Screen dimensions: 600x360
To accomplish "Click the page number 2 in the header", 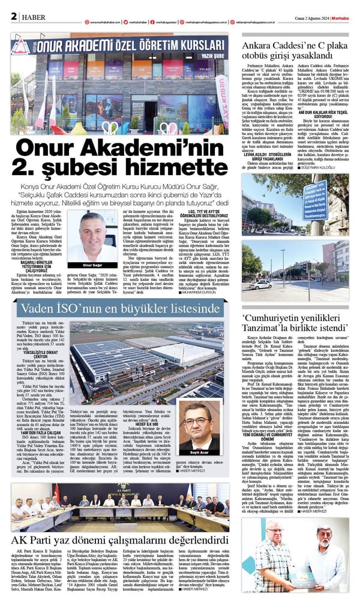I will [x=13, y=16].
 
